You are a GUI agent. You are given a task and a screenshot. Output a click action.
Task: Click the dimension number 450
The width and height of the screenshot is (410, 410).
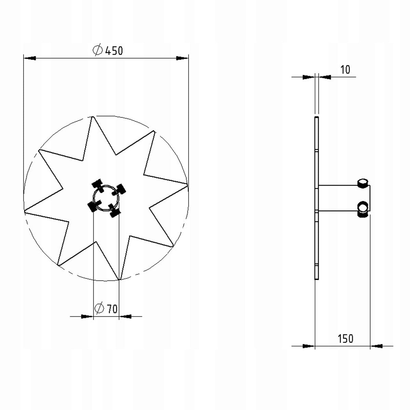[114, 51]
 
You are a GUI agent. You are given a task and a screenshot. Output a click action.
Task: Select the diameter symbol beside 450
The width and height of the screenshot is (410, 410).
[98, 51]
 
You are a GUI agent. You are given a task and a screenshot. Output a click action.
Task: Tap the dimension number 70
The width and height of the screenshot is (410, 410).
[112, 309]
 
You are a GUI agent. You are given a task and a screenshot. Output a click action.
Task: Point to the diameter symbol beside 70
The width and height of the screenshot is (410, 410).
[99, 308]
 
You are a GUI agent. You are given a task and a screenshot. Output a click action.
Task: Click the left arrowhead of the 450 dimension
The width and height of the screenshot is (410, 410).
[30, 58]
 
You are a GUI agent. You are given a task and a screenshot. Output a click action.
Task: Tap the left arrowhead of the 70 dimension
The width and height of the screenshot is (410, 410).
[87, 317]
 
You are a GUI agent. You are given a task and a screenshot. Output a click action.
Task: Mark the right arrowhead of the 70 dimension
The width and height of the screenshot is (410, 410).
[125, 317]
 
